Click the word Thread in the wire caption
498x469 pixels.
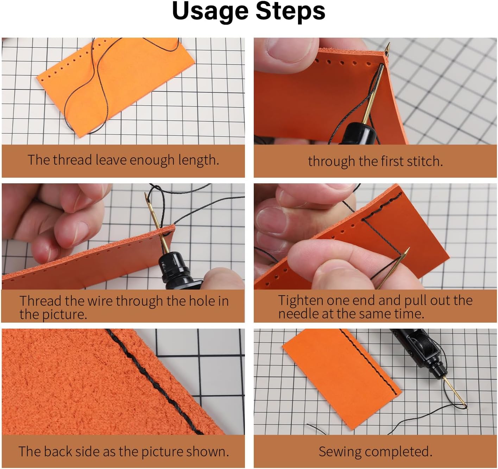pos(40,301)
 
